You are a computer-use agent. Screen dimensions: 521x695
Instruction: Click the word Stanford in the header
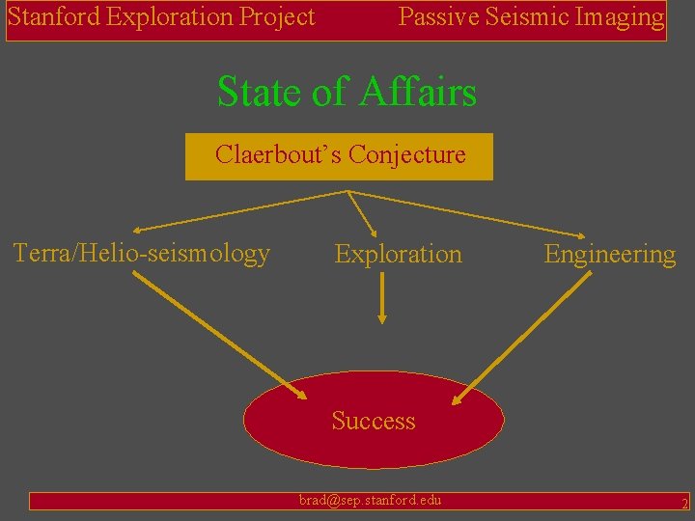[46, 16]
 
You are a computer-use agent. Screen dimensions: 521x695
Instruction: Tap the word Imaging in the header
[618, 16]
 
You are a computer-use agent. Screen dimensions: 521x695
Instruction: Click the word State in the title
[257, 93]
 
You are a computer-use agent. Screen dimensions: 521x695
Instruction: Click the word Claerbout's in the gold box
[278, 154]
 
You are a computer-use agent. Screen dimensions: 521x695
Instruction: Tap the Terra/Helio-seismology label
[141, 254]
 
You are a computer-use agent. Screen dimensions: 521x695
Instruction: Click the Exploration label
[398, 255]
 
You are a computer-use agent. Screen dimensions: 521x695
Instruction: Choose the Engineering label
[610, 255]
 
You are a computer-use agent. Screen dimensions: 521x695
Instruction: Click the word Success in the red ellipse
[374, 421]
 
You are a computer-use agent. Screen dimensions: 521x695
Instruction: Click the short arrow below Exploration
[383, 297]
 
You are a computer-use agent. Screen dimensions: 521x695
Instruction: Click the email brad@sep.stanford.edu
[370, 500]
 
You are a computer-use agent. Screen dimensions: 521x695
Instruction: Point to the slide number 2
[683, 503]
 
